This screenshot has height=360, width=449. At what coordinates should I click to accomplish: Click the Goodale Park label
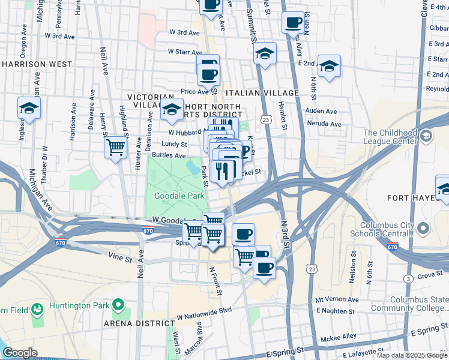pos(179,196)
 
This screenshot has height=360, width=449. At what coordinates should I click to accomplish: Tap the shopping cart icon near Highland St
pos(115,147)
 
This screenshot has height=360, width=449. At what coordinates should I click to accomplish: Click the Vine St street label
pos(119,258)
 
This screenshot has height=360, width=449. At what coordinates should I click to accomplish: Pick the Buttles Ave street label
pos(169,155)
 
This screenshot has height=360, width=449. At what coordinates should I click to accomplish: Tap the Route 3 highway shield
pos(408,279)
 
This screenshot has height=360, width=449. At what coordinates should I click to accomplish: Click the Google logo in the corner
pos(20,353)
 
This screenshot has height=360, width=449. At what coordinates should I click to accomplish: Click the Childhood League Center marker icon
pos(426,136)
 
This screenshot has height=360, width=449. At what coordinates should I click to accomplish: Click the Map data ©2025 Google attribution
pos(412,355)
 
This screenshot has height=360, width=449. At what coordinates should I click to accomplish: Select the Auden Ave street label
pos(321,111)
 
